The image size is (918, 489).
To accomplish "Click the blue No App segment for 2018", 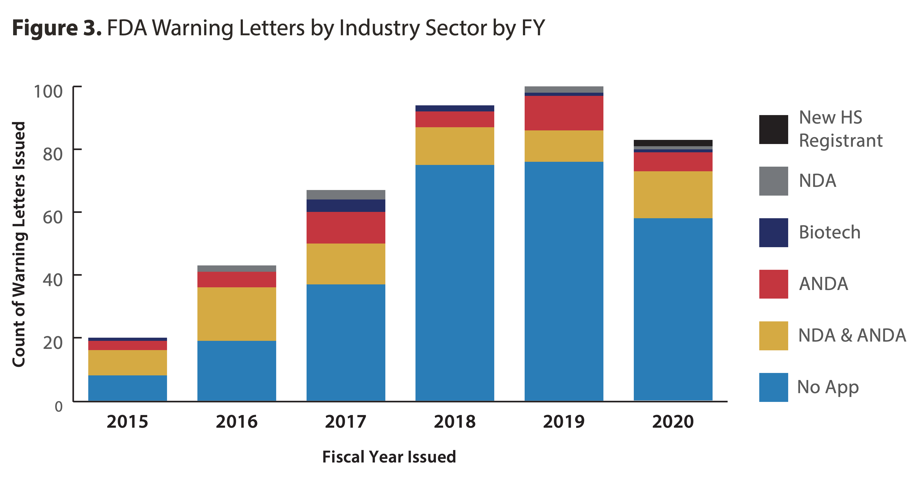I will (455, 282).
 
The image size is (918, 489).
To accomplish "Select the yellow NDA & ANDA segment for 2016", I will (237, 314).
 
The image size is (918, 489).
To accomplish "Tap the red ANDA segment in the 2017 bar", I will (346, 227).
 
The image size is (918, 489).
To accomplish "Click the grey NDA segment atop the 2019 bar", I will (564, 89).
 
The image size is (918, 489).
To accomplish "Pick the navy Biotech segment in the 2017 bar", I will (346, 205).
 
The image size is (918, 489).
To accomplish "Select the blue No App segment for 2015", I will (128, 388).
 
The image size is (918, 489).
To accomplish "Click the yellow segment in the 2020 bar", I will (673, 194).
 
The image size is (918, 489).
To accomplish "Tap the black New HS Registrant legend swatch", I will (773, 129).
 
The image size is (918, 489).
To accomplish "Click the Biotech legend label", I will (830, 232).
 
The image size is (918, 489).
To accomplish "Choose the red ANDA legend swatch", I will (773, 284).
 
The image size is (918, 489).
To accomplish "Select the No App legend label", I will (828, 387).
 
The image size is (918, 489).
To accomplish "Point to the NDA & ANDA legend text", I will (852, 335).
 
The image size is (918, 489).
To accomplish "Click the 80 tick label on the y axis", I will (52, 154).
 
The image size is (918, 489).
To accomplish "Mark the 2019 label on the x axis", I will (564, 422).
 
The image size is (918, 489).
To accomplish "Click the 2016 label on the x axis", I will (237, 422).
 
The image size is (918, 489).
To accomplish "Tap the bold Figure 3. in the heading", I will (57, 28).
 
